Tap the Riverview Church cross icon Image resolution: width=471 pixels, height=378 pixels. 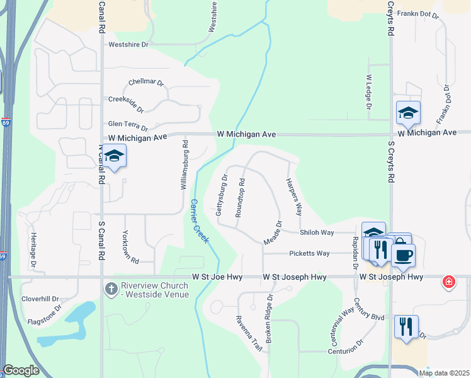pyautogui.click(x=110, y=289)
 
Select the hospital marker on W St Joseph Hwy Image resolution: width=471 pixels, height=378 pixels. pyautogui.click(x=448, y=281)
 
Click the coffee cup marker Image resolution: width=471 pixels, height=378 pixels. pyautogui.click(x=403, y=255)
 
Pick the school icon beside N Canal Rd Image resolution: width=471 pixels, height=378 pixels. pyautogui.click(x=114, y=156)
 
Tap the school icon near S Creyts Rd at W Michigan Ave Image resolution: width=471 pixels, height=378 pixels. pyautogui.click(x=408, y=113)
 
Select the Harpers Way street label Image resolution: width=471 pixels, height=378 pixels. pyautogui.click(x=294, y=197)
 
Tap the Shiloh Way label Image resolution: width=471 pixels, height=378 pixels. pyautogui.click(x=316, y=232)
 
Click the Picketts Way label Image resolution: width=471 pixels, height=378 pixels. pyautogui.click(x=309, y=253)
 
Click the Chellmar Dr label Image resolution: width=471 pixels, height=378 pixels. pyautogui.click(x=145, y=83)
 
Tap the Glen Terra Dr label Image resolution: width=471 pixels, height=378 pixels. pyautogui.click(x=128, y=126)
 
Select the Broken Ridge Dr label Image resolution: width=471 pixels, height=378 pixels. pyautogui.click(x=269, y=319)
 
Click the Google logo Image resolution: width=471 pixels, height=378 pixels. pyautogui.click(x=21, y=370)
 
